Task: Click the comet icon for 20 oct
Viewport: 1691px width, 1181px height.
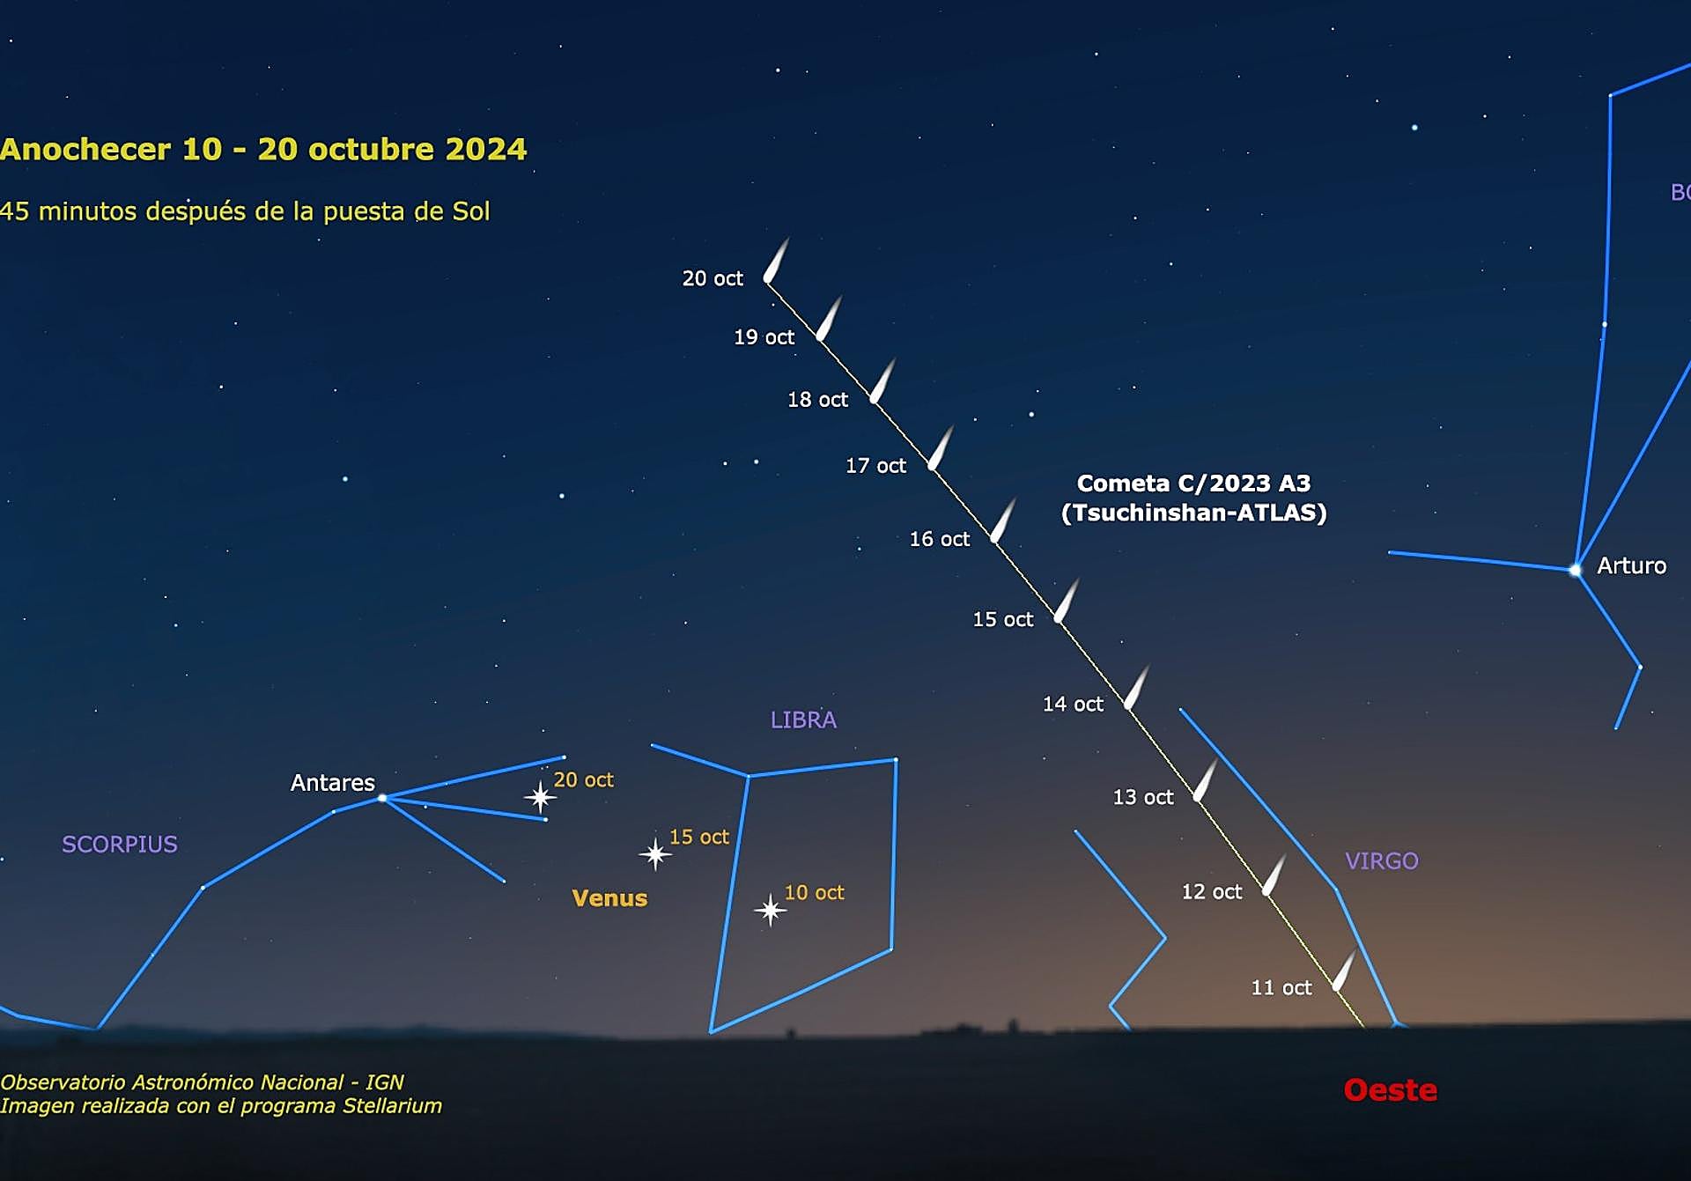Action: pyautogui.click(x=776, y=261)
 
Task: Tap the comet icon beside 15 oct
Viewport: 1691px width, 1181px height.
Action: pyautogui.click(x=1067, y=600)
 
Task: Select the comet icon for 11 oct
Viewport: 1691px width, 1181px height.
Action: pyautogui.click(x=1344, y=971)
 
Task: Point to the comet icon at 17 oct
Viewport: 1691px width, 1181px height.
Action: pyautogui.click(x=941, y=447)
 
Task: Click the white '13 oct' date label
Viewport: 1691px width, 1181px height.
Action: pyautogui.click(x=1143, y=797)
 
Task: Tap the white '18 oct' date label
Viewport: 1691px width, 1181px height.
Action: pyautogui.click(x=817, y=400)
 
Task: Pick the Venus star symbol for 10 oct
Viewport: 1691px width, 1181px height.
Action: pyautogui.click(x=771, y=910)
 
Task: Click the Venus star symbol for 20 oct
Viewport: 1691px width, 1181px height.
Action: pyautogui.click(x=540, y=798)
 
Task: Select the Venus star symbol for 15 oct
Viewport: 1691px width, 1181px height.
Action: pyautogui.click(x=655, y=853)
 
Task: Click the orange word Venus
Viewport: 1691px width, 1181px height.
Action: pyautogui.click(x=609, y=898)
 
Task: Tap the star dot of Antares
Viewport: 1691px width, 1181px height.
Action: pyautogui.click(x=382, y=798)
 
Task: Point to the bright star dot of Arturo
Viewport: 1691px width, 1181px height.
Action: pyautogui.click(x=1576, y=571)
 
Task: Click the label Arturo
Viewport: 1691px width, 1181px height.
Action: pyautogui.click(x=1632, y=565)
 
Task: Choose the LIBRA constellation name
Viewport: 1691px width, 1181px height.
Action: pyautogui.click(x=803, y=720)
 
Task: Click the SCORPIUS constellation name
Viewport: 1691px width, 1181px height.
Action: pyautogui.click(x=120, y=845)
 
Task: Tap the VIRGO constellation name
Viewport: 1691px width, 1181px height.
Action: pyautogui.click(x=1382, y=861)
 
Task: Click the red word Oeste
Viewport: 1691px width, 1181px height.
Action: pyautogui.click(x=1391, y=1090)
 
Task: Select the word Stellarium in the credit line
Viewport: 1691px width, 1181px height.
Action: pyautogui.click(x=392, y=1106)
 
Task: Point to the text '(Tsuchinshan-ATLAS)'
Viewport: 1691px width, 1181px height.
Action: pyautogui.click(x=1193, y=513)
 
